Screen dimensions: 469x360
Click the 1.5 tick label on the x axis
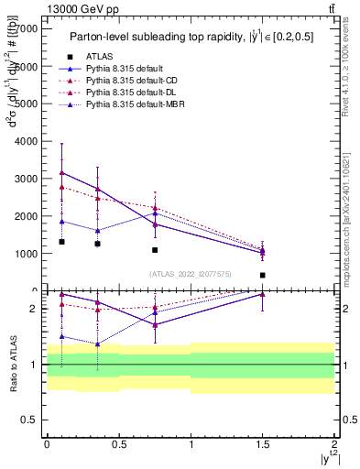[263, 447]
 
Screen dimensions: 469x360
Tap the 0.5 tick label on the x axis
[119, 447]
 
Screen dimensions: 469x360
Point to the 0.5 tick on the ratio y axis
[31, 420]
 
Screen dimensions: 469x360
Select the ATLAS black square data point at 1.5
[263, 275]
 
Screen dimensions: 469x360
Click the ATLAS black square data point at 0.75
[155, 250]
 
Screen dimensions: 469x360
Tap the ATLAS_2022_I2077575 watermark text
[191, 273]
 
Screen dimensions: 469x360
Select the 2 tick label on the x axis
[334, 447]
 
